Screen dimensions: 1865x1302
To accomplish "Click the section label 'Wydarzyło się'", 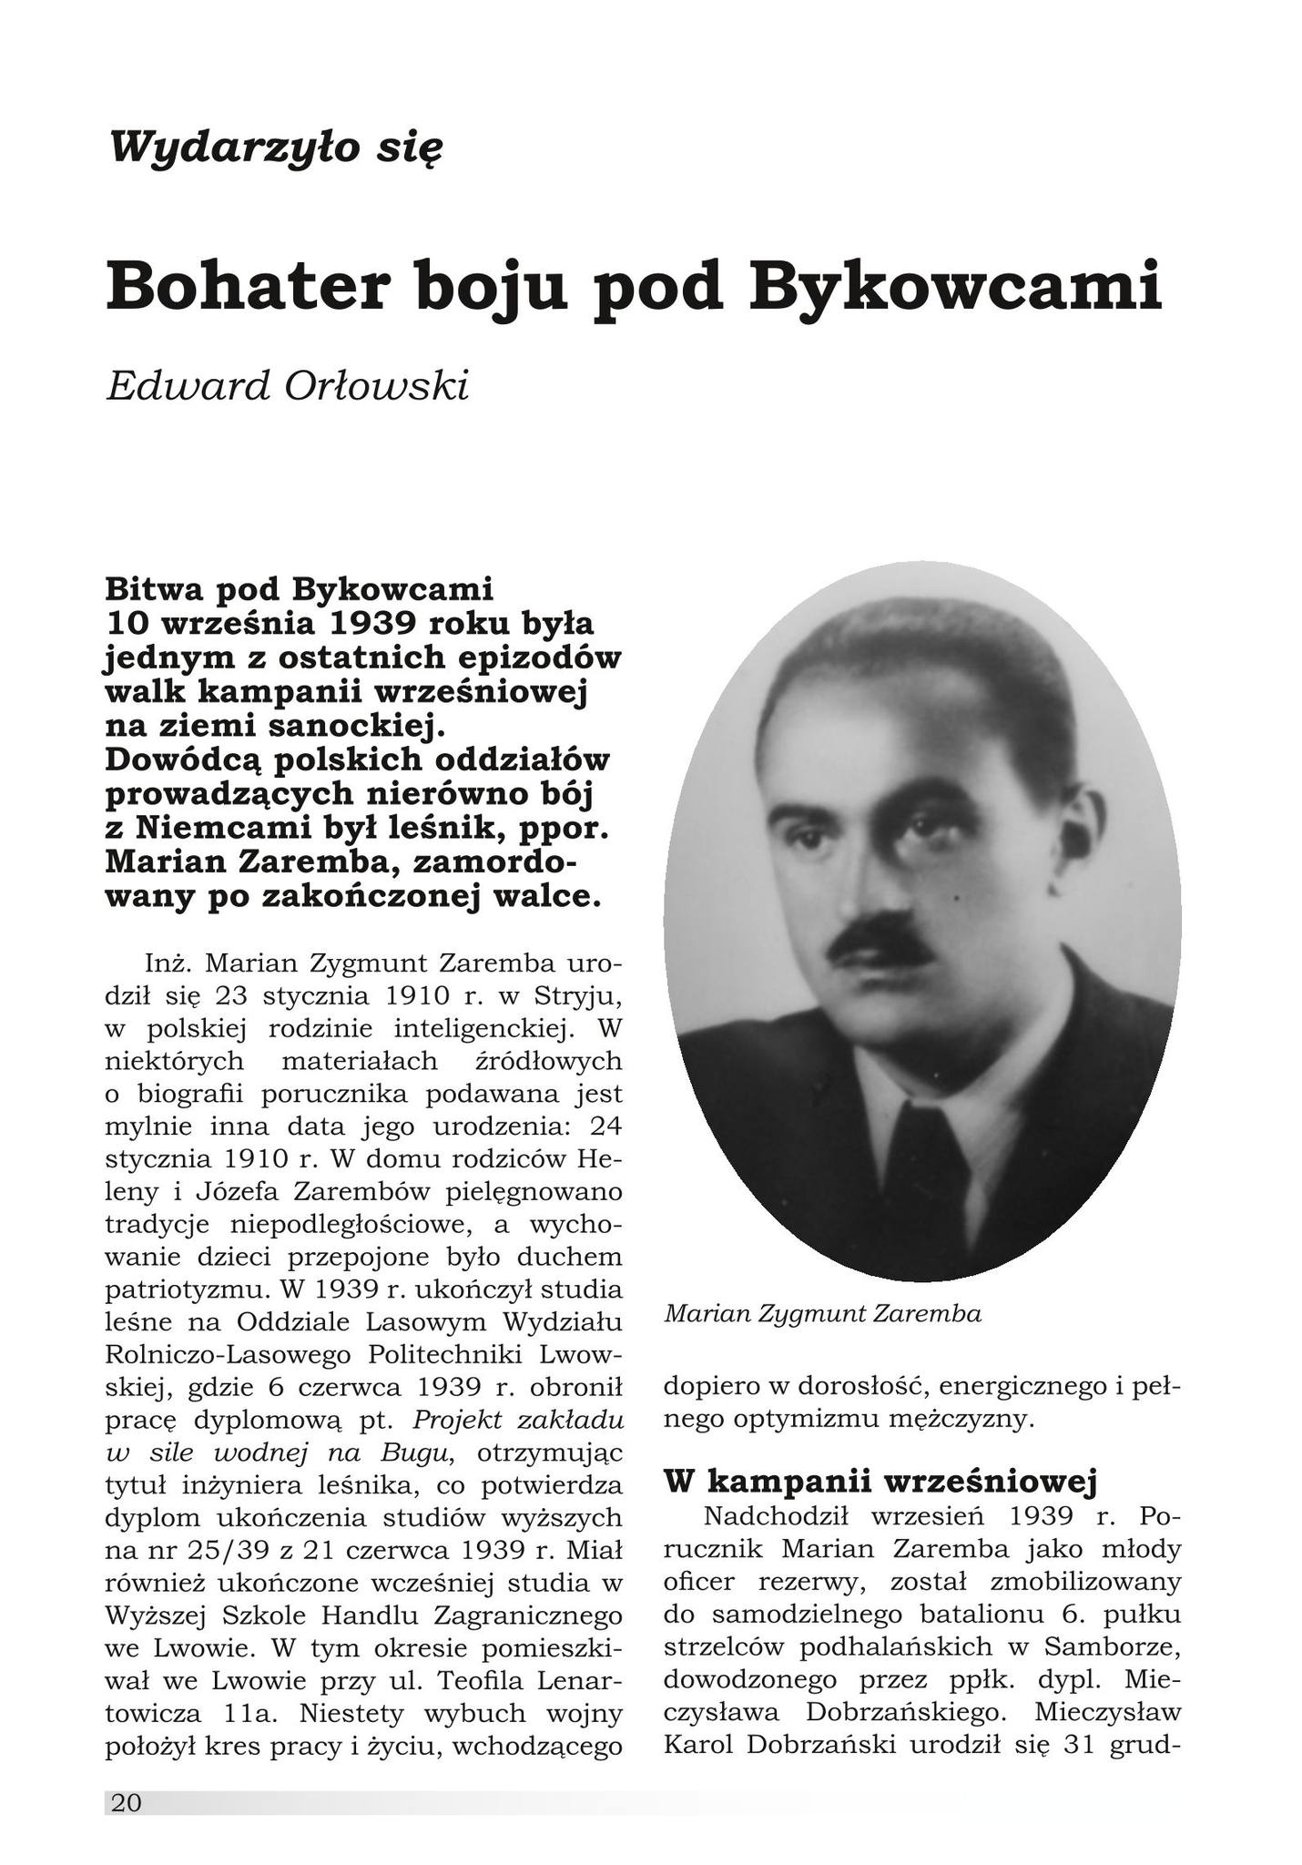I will pos(275,148).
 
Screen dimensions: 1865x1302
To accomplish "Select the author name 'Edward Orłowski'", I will pos(288,388).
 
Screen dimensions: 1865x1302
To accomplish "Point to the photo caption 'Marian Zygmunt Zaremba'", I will pos(823,1314).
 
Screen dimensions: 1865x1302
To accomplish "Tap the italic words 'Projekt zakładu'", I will pos(518,1420).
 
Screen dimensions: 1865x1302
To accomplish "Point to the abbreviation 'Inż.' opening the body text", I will pos(166,963).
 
